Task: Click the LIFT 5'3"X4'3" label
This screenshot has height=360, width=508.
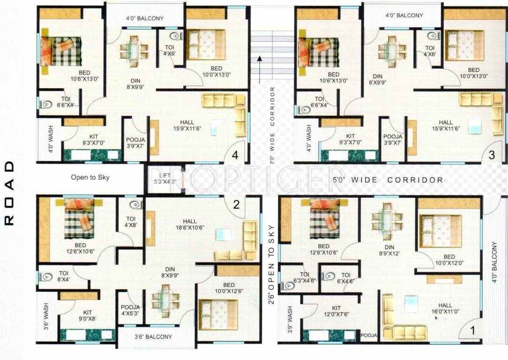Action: point(160,178)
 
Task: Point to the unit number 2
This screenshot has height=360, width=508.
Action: point(236,204)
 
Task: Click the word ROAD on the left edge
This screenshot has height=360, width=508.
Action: point(9,194)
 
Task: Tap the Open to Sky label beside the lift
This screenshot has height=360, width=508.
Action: point(90,177)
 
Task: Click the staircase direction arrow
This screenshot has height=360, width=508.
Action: point(258,66)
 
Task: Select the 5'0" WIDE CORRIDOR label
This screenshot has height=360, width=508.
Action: point(387,180)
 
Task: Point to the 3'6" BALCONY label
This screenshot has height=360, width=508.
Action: point(153,337)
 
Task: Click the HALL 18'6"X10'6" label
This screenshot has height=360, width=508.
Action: point(190,225)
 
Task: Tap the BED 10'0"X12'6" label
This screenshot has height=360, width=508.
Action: point(229,288)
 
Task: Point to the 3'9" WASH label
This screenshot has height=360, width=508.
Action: point(289,318)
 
